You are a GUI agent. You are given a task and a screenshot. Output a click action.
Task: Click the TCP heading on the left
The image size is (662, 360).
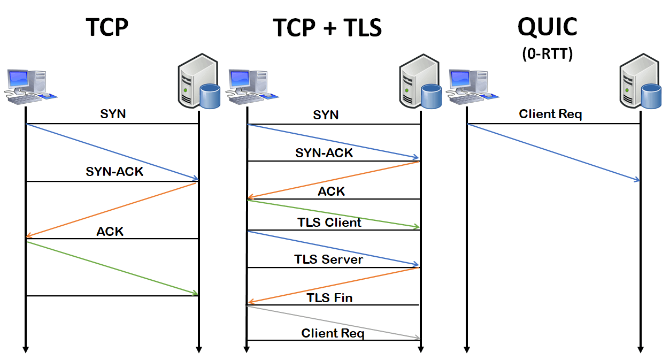tap(107, 27)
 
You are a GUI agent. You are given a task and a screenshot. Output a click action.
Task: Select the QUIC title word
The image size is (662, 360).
tap(547, 26)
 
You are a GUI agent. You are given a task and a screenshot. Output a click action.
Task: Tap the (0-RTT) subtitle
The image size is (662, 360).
tap(547, 54)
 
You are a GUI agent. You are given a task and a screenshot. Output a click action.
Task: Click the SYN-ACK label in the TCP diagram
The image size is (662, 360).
tap(114, 172)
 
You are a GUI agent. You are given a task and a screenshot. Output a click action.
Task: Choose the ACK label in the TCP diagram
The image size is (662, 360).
tap(110, 231)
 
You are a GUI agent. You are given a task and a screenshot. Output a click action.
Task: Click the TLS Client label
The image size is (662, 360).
tap(329, 222)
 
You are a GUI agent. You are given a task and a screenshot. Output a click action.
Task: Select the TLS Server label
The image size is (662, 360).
tap(328, 259)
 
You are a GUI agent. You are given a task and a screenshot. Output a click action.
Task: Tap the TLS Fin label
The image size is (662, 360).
tap(329, 297)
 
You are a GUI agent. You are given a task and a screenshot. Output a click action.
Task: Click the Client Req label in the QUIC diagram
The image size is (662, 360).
tap(550, 114)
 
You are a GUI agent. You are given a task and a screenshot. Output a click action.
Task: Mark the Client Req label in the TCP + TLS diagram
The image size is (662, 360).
tap(333, 333)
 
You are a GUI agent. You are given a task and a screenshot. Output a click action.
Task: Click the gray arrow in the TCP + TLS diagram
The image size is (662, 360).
tap(333, 322)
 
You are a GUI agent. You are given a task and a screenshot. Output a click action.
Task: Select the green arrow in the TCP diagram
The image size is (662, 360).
tap(112, 268)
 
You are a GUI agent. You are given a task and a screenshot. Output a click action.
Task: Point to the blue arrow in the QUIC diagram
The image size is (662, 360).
tap(553, 152)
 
